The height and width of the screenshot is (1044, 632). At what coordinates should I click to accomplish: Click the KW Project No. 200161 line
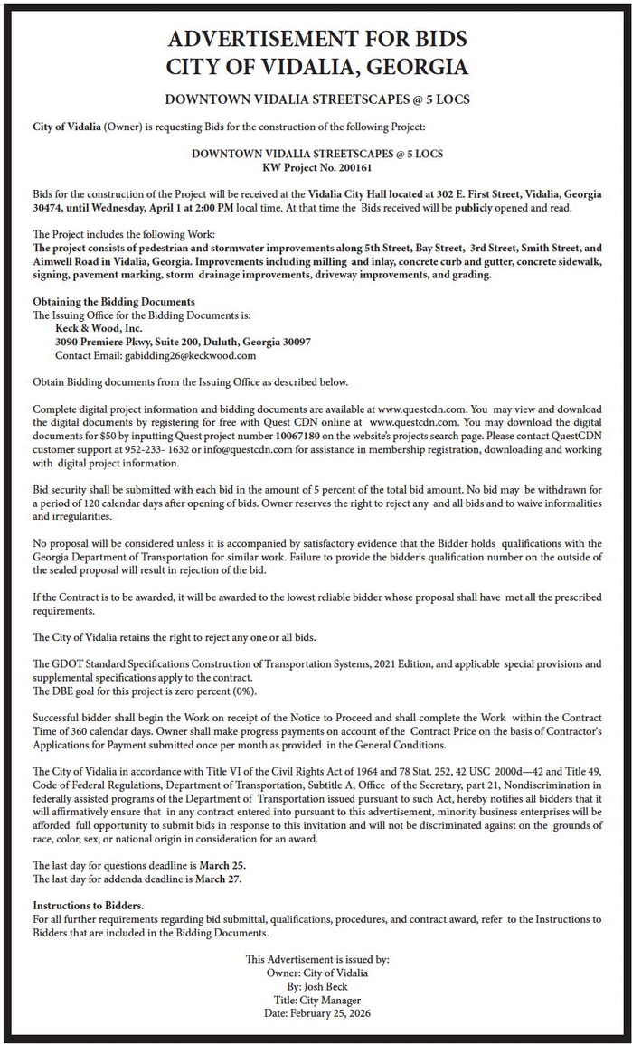316,167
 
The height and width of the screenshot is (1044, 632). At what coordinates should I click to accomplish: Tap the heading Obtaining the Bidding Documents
114,301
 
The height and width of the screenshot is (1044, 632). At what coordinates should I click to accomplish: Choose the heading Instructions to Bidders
88,906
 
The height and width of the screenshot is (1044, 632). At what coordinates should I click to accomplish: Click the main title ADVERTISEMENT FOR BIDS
316,39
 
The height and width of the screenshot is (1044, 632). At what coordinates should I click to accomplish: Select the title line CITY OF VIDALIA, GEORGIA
316,68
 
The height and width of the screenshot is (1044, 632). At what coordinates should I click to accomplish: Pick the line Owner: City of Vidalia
316,973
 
